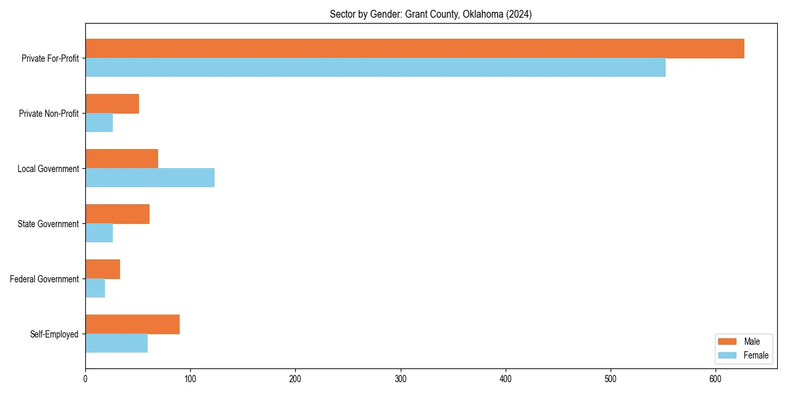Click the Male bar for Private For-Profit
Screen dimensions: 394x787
pyautogui.click(x=414, y=49)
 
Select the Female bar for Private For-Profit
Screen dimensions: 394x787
pyautogui.click(x=375, y=68)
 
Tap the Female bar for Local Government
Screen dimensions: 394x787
pyautogui.click(x=150, y=178)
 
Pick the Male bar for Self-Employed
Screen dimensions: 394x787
pyautogui.click(x=132, y=324)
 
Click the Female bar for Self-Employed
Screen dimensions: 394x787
pyautogui.click(x=116, y=343)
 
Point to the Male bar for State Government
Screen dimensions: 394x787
pyautogui.click(x=117, y=214)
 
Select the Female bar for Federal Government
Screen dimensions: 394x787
pyautogui.click(x=95, y=288)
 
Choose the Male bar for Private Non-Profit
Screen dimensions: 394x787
pyautogui.click(x=112, y=104)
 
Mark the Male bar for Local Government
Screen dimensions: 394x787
pyautogui.click(x=121, y=159)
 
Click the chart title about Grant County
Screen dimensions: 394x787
pyautogui.click(x=430, y=14)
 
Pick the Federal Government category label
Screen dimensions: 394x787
pyautogui.click(x=45, y=279)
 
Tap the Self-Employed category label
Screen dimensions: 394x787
pyautogui.click(x=54, y=334)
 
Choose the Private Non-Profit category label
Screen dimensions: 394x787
pyautogui.click(x=49, y=114)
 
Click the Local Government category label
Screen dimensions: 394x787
pyautogui.click(x=49, y=169)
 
